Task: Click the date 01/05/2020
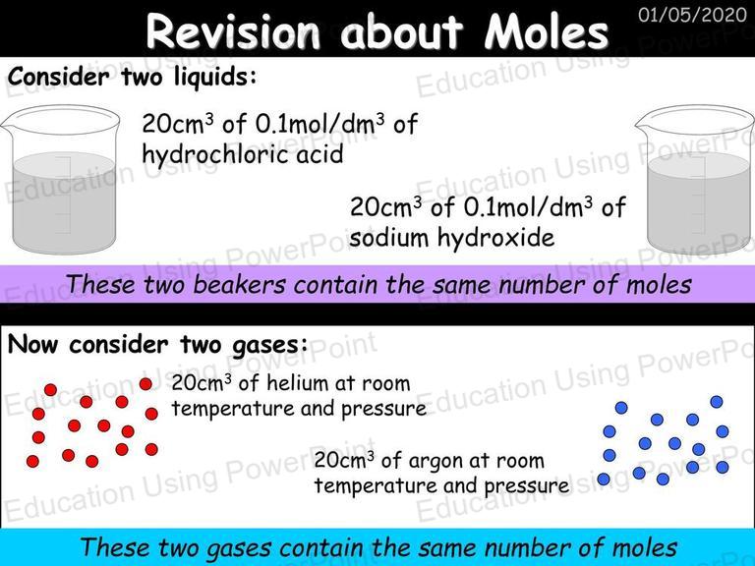tap(692, 15)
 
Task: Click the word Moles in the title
tap(546, 32)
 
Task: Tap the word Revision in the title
tap(233, 31)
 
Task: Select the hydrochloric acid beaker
tap(61, 180)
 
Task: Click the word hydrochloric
tap(214, 155)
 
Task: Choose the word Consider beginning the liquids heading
tap(58, 77)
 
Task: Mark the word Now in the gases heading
tap(32, 345)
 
